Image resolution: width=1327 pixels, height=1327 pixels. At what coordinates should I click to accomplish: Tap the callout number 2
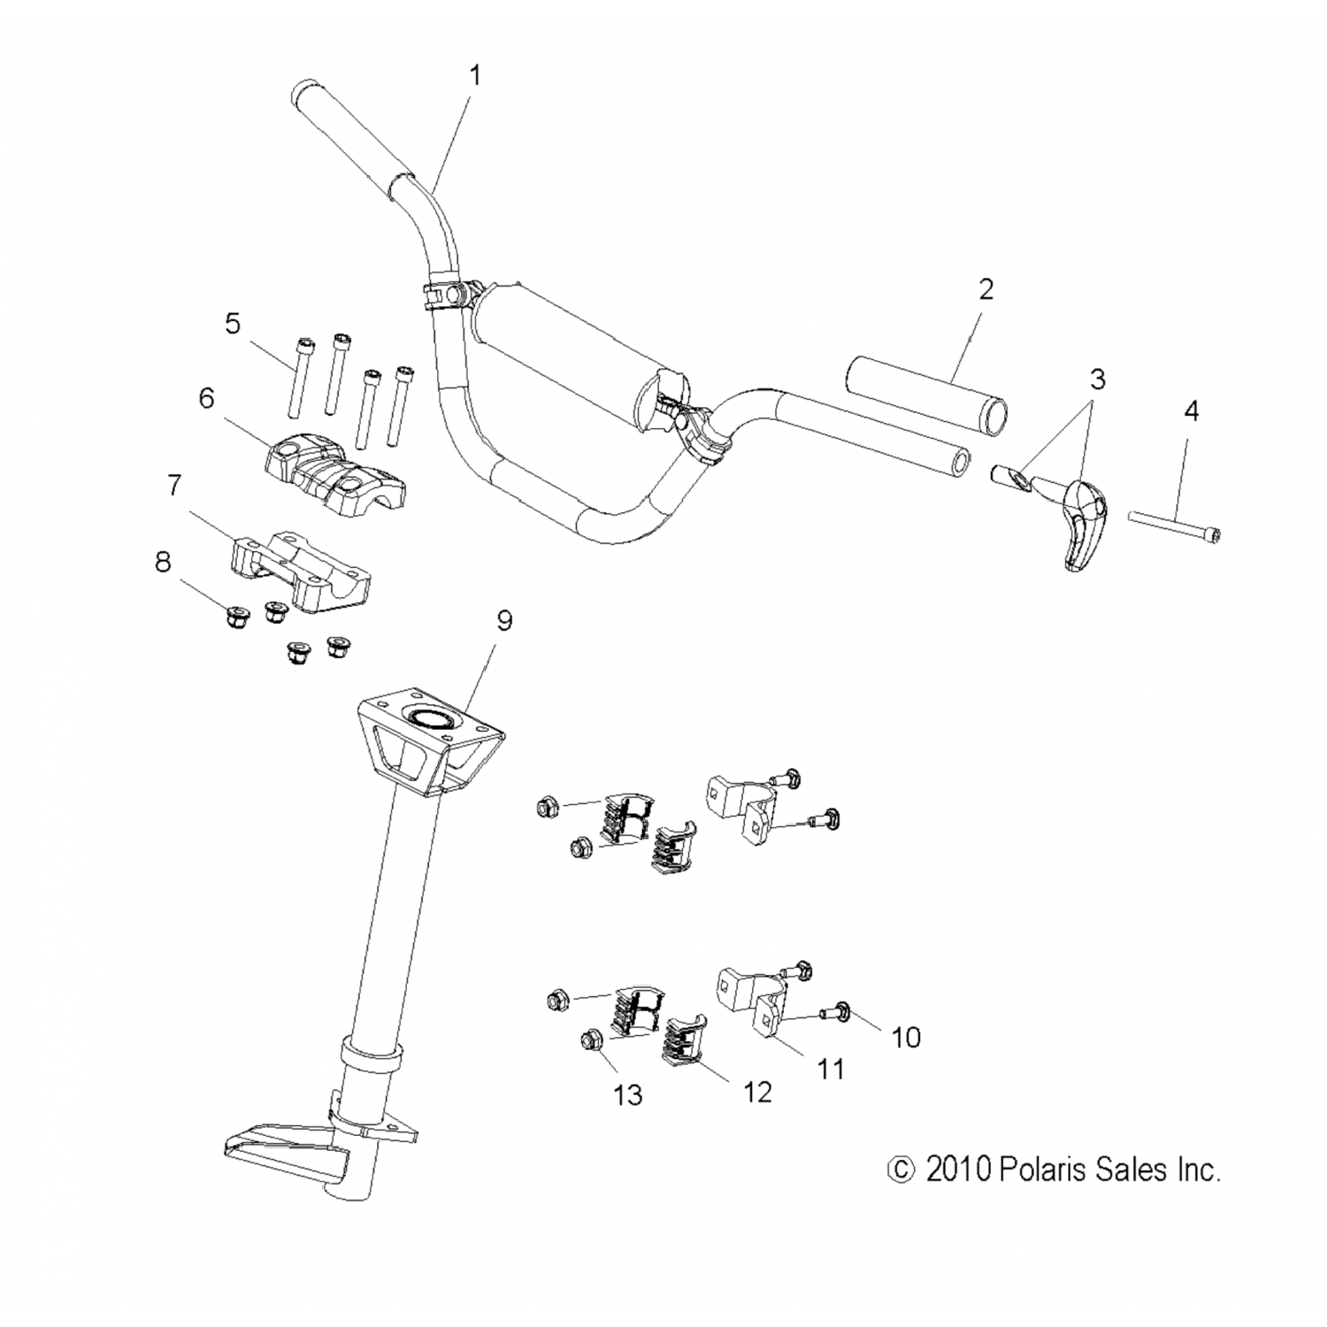pyautogui.click(x=986, y=289)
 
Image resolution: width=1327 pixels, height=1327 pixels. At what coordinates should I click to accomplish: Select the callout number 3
pyautogui.click(x=1097, y=380)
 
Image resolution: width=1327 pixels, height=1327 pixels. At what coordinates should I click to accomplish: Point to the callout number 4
pyautogui.click(x=1191, y=410)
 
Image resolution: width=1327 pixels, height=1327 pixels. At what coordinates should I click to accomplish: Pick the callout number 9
pyautogui.click(x=503, y=621)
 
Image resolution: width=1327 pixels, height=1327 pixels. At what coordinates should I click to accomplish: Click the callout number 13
pyautogui.click(x=627, y=1095)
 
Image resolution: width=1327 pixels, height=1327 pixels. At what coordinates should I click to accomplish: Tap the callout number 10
pyautogui.click(x=906, y=1037)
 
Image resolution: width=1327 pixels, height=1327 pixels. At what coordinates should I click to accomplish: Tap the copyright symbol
pyautogui.click(x=900, y=1170)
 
